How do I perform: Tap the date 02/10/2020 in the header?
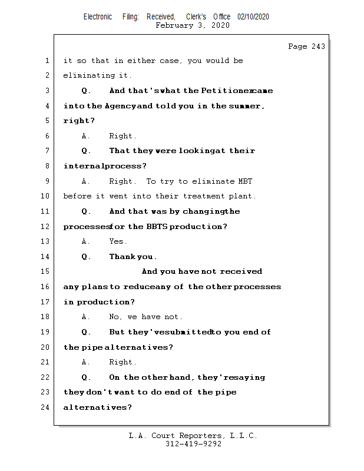point(253,17)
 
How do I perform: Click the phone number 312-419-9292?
point(193,445)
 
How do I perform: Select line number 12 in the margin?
point(46,227)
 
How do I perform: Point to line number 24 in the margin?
point(46,407)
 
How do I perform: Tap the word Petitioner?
point(225,91)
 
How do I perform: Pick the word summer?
point(246,106)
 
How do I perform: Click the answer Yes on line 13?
point(118,241)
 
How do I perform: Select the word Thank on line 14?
point(122,257)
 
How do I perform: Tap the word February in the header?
point(176,25)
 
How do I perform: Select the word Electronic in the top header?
point(98,17)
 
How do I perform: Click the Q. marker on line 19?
point(86,332)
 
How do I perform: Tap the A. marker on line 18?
point(86,317)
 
